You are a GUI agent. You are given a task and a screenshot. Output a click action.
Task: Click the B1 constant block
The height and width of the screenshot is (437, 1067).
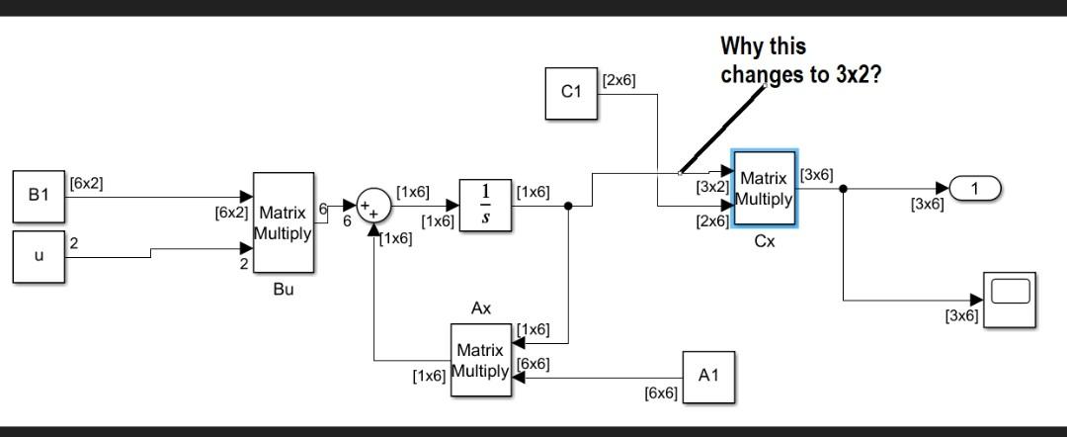click(39, 196)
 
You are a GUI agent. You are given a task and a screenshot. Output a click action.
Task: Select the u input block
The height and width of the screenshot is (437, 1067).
click(39, 256)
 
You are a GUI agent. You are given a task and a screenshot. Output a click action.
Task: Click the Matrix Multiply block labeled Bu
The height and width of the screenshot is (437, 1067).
click(284, 222)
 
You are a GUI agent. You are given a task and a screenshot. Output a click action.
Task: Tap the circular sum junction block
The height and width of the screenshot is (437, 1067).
click(372, 207)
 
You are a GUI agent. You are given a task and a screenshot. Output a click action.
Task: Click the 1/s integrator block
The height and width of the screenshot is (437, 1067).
click(485, 206)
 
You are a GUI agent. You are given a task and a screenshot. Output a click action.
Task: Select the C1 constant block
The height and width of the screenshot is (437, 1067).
click(572, 93)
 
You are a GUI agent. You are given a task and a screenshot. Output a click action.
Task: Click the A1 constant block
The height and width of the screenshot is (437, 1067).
click(708, 377)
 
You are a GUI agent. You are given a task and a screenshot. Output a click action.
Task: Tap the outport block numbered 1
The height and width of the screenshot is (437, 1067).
click(974, 187)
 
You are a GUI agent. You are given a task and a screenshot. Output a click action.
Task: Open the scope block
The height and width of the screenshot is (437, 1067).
click(1010, 298)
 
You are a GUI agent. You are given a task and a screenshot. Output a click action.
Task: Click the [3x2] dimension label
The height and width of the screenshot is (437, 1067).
click(711, 186)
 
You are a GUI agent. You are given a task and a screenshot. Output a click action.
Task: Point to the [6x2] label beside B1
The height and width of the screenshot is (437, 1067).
click(86, 183)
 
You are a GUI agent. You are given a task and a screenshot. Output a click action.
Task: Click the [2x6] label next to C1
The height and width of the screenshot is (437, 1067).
click(619, 80)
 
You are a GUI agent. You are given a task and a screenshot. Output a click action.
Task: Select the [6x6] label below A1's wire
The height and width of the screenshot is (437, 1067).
click(661, 393)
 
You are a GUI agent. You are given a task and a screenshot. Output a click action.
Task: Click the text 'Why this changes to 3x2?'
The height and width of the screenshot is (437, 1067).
click(800, 60)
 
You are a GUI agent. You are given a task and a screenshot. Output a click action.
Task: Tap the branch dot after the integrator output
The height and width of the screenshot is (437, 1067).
click(568, 207)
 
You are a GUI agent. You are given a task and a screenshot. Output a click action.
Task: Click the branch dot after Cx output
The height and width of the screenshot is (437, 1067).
click(843, 188)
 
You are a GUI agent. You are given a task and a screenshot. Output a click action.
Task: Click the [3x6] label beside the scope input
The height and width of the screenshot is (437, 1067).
click(961, 315)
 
